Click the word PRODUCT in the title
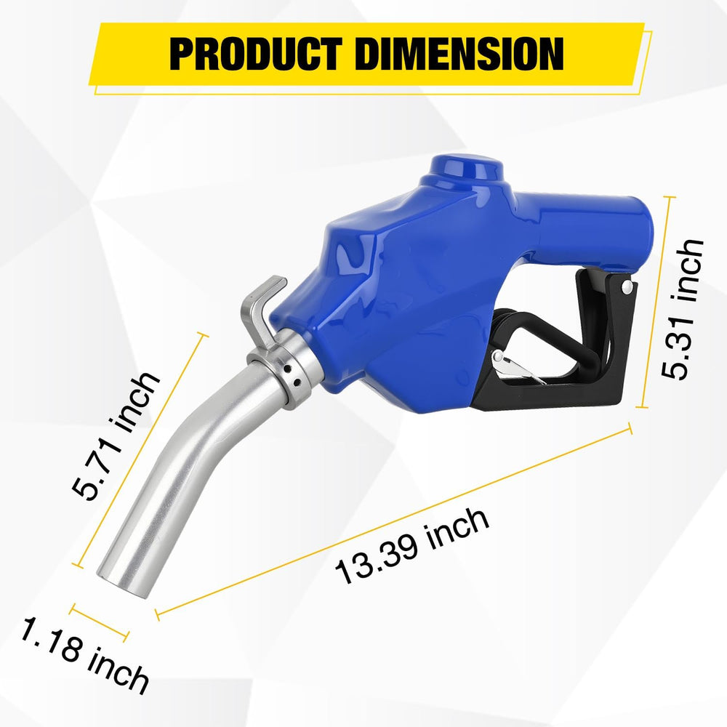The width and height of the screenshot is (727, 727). (256, 54)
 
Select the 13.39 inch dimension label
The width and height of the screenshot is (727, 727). (411, 545)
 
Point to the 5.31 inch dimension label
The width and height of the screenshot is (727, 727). (682, 310)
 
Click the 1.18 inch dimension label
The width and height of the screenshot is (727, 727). (84, 656)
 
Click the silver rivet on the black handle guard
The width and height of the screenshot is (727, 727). (627, 286)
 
